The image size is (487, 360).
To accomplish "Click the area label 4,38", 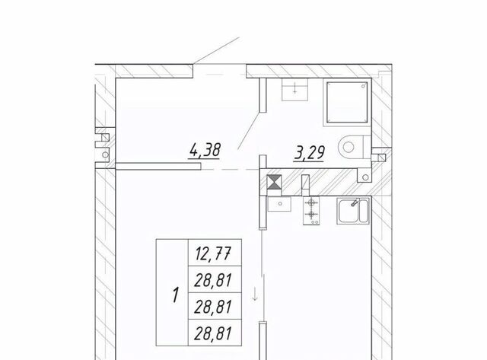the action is (x=205, y=151).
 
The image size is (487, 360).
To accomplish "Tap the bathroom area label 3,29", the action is (x=310, y=153).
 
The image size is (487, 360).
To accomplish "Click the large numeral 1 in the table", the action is (x=176, y=295).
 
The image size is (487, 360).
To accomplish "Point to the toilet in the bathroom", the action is (x=354, y=147).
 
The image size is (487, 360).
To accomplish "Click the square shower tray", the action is (x=347, y=102).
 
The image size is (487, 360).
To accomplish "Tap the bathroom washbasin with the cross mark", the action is (x=294, y=90).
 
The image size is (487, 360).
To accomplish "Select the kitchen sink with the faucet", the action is (x=353, y=211).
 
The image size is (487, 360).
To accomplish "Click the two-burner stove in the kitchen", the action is (x=311, y=210).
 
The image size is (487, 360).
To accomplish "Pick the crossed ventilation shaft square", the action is (x=274, y=182).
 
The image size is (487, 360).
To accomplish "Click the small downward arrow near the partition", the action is (x=255, y=294).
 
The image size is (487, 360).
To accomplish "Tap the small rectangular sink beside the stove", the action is (x=279, y=204).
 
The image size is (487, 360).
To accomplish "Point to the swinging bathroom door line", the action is (x=249, y=131).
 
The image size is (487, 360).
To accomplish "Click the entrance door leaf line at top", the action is (x=216, y=51).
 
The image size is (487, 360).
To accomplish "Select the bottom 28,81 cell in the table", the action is (x=214, y=333).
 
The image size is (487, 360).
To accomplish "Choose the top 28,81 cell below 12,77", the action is (x=214, y=280).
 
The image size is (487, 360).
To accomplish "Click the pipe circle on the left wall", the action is (x=105, y=155).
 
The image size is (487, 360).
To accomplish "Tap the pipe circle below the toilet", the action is (x=365, y=177).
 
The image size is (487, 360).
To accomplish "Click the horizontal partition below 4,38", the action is (x=158, y=166).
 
